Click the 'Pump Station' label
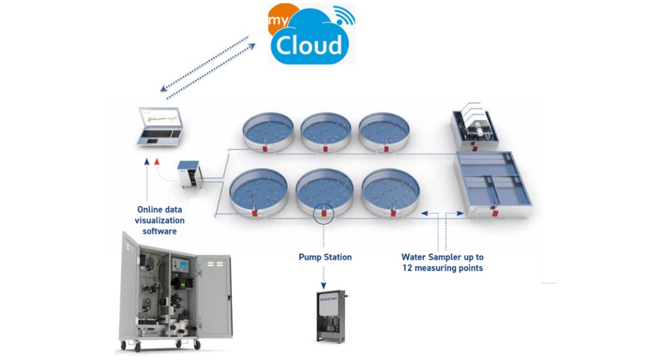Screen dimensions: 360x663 pyautogui.click(x=325, y=257)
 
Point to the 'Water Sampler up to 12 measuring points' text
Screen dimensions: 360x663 pyautogui.click(x=442, y=262)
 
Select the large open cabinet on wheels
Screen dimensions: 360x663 pyautogui.click(x=175, y=292)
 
